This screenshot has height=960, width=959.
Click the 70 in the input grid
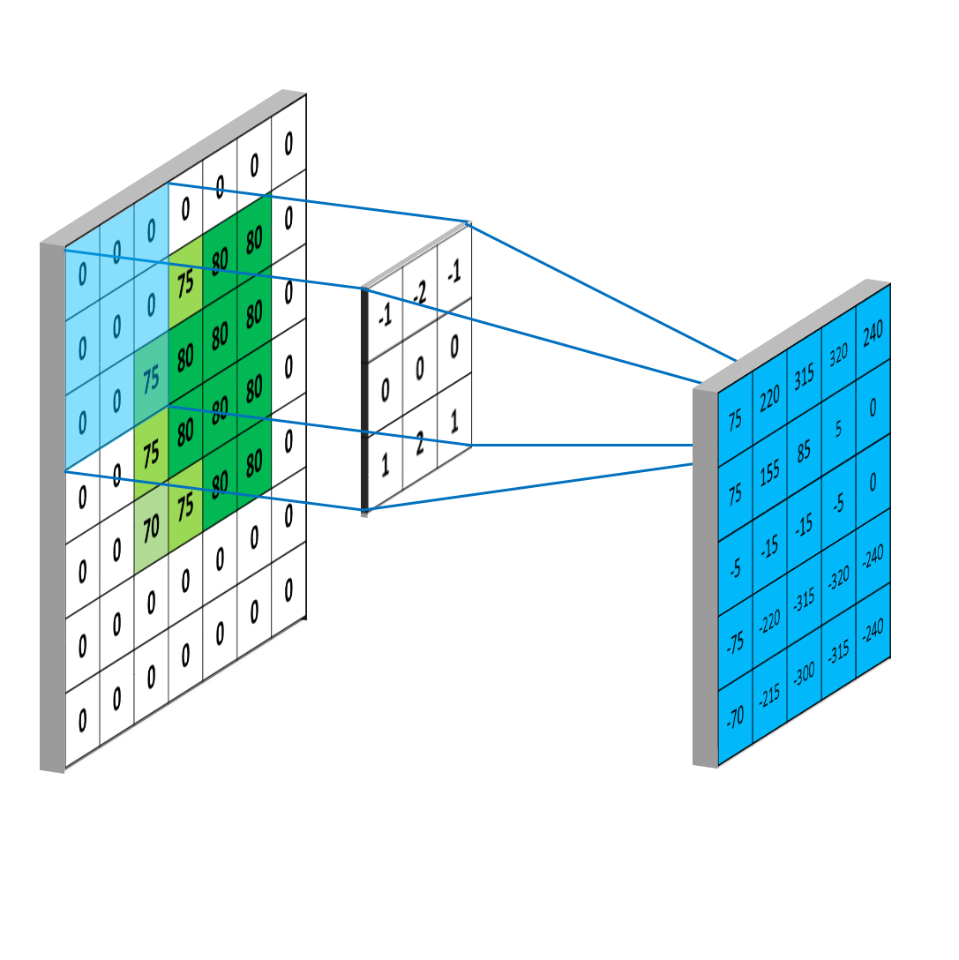[151, 529]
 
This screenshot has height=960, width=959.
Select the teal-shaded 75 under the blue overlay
[151, 379]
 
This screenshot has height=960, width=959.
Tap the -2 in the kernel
[419, 293]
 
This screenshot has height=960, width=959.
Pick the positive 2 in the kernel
[420, 443]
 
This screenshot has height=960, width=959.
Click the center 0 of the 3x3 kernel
[420, 369]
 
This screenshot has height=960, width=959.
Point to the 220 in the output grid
[769, 399]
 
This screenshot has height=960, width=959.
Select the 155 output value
[769, 473]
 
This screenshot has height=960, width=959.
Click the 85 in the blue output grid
[804, 451]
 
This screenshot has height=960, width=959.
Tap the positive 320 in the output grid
[838, 355]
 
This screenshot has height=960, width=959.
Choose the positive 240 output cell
[873, 333]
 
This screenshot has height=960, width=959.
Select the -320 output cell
[838, 578]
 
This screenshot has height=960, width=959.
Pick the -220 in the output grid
[769, 622]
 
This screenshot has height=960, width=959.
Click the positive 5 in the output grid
[838, 429]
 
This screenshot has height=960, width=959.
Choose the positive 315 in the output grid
[804, 377]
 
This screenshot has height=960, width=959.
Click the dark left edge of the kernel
[364, 399]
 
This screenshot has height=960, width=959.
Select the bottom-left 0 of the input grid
[83, 721]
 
